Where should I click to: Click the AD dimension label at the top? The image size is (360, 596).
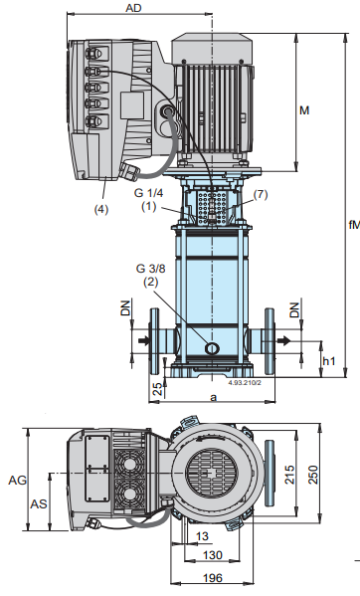pos(133,8)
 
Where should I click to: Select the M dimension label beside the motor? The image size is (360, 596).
pos(304,110)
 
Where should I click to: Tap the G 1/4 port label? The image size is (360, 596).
pos(148,193)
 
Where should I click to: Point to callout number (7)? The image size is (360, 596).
pos(261,195)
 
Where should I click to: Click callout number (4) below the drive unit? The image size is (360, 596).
pos(101,209)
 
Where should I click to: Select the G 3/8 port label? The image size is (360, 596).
pos(151,269)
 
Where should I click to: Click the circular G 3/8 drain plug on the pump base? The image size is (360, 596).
pos(212,347)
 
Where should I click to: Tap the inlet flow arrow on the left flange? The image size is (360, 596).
pos(144,340)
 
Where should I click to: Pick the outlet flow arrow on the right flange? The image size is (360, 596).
pos(284,340)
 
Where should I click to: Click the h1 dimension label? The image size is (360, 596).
pos(329,361)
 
